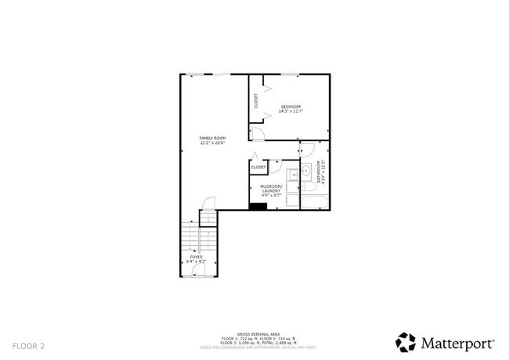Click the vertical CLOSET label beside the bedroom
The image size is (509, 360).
click(x=256, y=101)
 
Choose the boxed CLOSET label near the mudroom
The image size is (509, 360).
click(x=258, y=167)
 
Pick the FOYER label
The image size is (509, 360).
click(x=197, y=257)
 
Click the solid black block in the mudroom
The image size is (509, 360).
click(x=257, y=206)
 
